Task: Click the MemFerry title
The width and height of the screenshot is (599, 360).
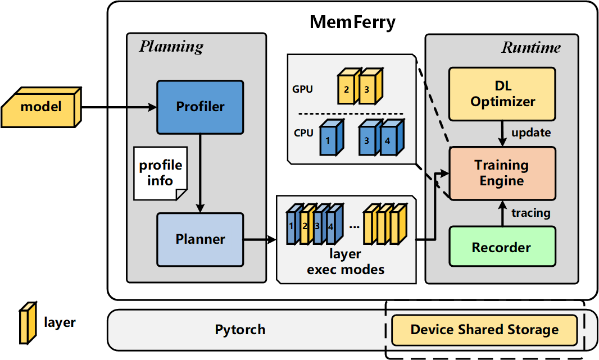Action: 352,22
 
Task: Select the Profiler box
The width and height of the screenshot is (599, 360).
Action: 200,106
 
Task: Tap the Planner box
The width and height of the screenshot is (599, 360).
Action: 200,239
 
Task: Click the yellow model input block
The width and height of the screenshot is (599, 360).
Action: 42,106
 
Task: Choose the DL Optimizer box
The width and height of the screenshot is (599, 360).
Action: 502,94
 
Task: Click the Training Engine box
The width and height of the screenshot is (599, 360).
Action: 502,173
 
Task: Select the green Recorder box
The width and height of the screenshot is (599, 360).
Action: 502,247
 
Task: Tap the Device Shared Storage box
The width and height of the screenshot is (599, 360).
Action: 484,330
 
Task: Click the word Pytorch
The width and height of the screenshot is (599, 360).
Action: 240,330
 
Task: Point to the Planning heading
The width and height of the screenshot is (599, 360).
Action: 171,46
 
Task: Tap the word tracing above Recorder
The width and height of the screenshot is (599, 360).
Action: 530,213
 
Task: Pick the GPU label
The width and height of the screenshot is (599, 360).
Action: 303,89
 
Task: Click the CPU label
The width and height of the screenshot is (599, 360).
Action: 302,134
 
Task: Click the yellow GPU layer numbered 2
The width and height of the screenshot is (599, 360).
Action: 347,88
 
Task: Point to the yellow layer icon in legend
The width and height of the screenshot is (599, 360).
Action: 27,322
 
